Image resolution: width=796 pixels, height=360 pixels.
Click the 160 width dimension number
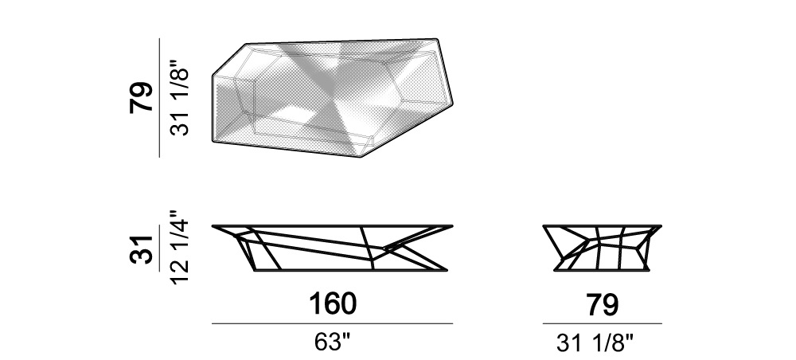(333, 303)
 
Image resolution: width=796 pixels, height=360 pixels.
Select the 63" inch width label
(333, 342)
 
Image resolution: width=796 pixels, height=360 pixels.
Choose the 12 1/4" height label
(179, 248)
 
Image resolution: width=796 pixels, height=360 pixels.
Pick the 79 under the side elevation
(602, 303)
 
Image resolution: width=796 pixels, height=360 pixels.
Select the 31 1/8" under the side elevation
(602, 343)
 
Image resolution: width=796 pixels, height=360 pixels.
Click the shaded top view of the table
(334, 96)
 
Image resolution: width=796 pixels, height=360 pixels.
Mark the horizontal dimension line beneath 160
(333, 324)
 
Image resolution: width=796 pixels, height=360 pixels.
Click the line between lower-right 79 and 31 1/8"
(602, 324)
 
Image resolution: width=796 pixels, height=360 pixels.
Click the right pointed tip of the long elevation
(452, 226)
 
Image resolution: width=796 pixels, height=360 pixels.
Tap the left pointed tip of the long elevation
(213, 226)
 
